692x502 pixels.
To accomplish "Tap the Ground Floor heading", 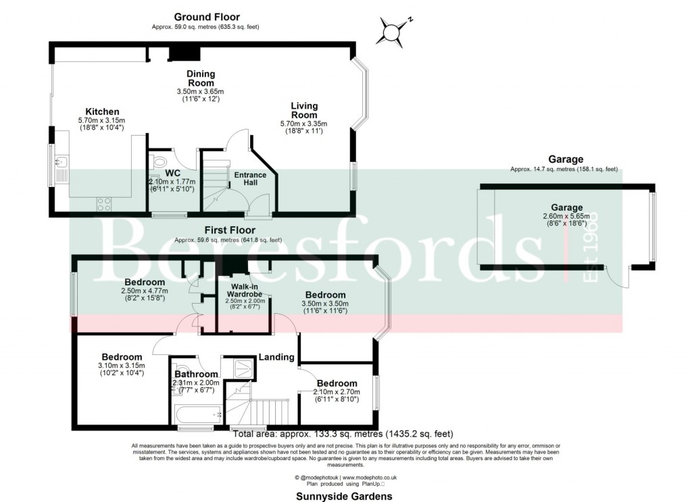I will pyautogui.click(x=206, y=17).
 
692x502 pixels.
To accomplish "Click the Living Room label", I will pyautogui.click(x=304, y=110).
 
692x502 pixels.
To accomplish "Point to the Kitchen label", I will pyautogui.click(x=102, y=111).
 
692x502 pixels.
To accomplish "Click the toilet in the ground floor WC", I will pyautogui.click(x=159, y=163).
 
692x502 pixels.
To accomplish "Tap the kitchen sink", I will pyautogui.click(x=59, y=163).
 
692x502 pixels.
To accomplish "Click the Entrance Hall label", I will pyautogui.click(x=250, y=179).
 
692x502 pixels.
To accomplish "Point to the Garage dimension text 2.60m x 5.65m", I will pyautogui.click(x=566, y=217).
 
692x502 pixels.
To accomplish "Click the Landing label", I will pyautogui.click(x=277, y=357).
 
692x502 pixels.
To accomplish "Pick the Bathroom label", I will pyautogui.click(x=196, y=374).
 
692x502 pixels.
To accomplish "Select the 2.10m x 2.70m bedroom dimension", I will pyautogui.click(x=337, y=391).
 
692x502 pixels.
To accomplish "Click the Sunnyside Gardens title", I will pyautogui.click(x=345, y=495).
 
